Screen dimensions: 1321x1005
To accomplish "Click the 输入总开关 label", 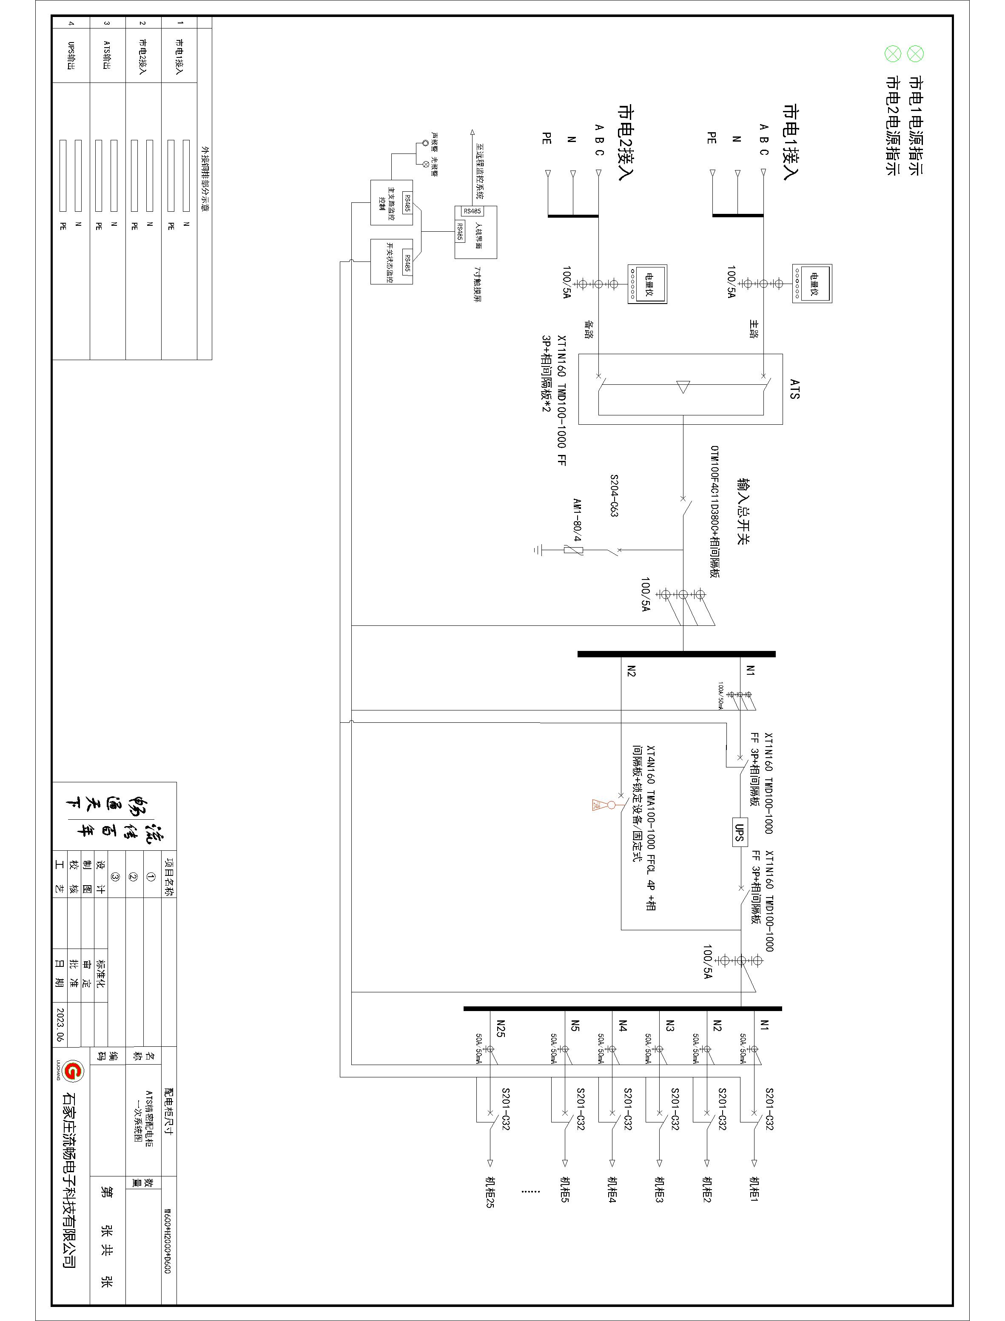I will pos(743,511).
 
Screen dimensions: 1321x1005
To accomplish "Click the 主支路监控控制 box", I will pos(392,202).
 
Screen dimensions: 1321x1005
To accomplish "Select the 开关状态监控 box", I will pos(392,262).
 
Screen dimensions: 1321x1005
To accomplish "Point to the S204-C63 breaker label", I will pos(614,496).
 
